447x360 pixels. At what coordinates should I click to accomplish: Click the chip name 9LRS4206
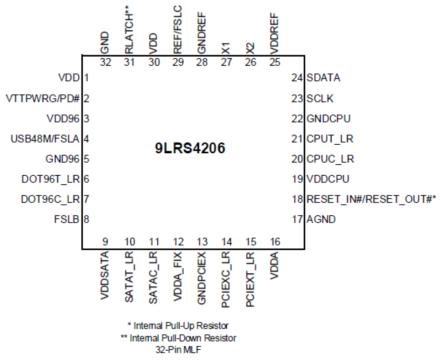click(190, 148)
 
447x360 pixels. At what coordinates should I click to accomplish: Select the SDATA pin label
click(323, 78)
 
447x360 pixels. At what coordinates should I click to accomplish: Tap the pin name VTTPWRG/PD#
click(43, 98)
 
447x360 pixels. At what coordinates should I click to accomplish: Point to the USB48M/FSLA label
click(45, 138)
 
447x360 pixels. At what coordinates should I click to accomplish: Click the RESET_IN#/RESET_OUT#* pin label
click(371, 199)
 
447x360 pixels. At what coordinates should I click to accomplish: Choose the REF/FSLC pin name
click(178, 29)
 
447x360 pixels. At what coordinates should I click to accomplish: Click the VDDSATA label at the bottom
click(105, 275)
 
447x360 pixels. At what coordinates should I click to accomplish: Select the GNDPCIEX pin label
click(202, 278)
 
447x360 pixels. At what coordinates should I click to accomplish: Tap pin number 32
click(105, 62)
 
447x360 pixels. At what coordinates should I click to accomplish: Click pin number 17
click(297, 219)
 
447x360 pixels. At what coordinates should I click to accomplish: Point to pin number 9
click(105, 242)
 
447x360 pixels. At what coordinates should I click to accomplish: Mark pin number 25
click(275, 62)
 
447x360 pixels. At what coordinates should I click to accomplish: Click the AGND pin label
click(321, 219)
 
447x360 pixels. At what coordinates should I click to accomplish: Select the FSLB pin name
click(67, 219)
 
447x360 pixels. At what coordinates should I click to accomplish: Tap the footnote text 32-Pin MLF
click(178, 350)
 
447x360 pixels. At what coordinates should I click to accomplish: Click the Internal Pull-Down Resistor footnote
click(179, 338)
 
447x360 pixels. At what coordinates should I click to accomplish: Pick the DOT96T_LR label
click(51, 179)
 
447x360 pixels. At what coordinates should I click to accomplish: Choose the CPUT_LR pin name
click(330, 138)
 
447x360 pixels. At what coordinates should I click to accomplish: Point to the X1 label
click(226, 48)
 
